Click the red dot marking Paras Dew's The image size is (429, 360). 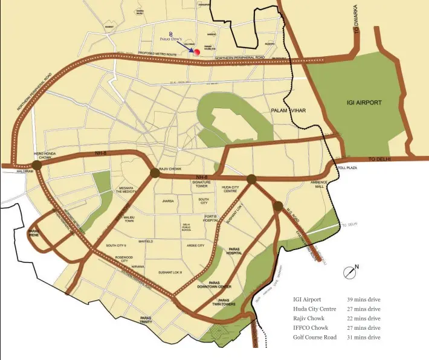tap(196, 53)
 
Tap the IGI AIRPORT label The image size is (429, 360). tap(364, 103)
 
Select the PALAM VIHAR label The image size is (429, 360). tap(289, 112)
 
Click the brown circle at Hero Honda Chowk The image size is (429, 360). tap(37, 164)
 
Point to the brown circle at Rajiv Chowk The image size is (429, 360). tap(155, 173)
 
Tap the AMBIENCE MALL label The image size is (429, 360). tap(319, 184)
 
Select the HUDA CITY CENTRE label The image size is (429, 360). tap(234, 190)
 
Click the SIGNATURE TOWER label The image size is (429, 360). tap(201, 184)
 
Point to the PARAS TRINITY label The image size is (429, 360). tap(146, 320)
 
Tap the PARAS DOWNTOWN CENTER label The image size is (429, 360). tap(220, 284)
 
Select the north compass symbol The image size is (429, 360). tap(349, 272)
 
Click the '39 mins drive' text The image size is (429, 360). tap(364, 299)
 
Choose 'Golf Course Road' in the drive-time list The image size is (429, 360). tap(315, 337)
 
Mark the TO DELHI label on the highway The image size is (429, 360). tap(380, 158)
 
